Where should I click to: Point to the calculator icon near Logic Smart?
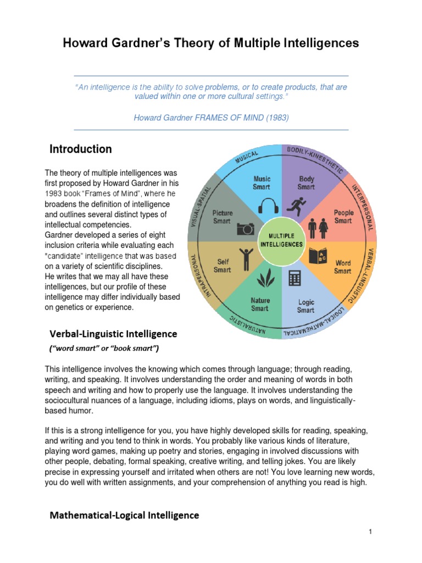[x=295, y=279]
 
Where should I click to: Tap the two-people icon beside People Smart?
[x=320, y=227]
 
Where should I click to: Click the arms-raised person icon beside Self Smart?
[x=246, y=256]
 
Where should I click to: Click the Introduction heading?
[x=80, y=149]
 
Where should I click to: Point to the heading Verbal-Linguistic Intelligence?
[x=113, y=334]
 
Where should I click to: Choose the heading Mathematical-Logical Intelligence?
[x=124, y=515]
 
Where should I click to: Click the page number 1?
[x=371, y=532]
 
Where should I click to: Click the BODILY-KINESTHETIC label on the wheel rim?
[x=314, y=159]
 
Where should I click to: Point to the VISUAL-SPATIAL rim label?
[x=201, y=203]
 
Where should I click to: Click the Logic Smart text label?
[x=306, y=306]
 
